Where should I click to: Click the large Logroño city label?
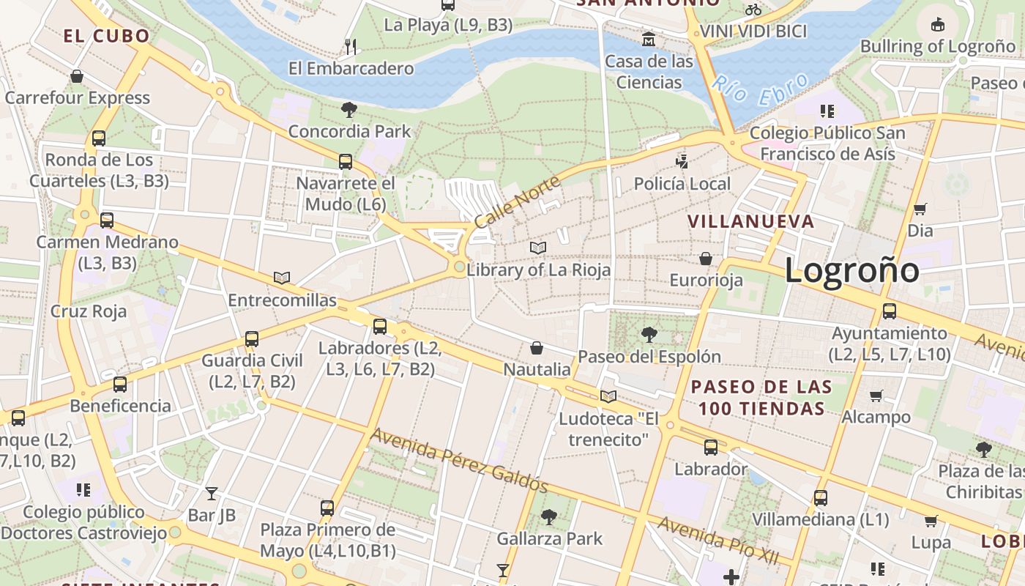pos(851,270)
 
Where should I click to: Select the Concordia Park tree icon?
pos(349,110)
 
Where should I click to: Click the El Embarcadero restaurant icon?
pos(351,47)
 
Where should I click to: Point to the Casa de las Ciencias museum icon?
pos(648,39)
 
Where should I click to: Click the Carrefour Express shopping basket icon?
pos(77,76)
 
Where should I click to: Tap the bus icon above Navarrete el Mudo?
pos(345,162)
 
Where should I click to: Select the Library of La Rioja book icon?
pos(538,248)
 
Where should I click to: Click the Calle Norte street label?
pos(517,201)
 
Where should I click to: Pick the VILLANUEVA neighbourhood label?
pos(750,221)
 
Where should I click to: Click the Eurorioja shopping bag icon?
pos(706,259)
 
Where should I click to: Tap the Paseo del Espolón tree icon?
pos(649,335)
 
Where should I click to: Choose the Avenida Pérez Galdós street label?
pos(459,459)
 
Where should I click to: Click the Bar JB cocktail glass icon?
pos(212,493)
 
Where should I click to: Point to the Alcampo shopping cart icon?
pos(876,396)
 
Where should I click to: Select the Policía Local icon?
pos(682,161)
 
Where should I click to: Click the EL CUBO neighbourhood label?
pos(106,36)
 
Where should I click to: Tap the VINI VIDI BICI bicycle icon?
pos(753,10)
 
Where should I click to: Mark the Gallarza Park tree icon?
pos(549,517)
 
